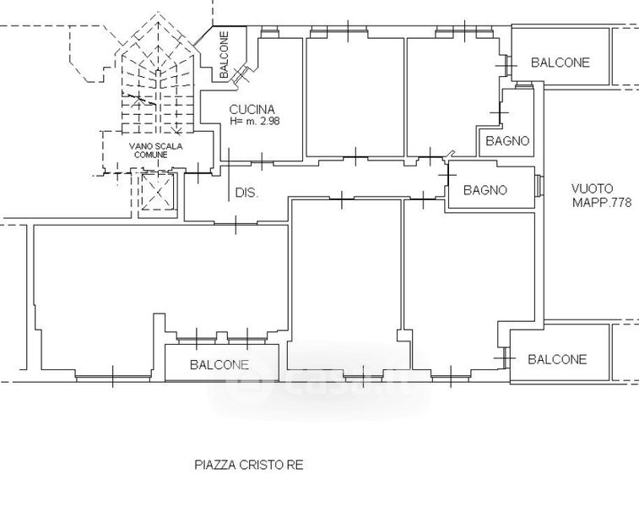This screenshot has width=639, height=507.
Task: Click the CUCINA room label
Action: click(252, 109)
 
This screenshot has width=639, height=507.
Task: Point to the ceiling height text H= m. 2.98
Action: click(255, 121)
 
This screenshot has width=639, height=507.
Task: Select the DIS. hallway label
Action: click(247, 193)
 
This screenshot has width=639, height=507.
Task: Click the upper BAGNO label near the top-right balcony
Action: click(507, 141)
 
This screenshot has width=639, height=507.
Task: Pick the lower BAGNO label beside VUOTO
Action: click(485, 190)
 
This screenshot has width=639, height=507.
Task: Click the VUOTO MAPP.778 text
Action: click(602, 195)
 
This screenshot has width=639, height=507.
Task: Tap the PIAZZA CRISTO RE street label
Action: click(249, 465)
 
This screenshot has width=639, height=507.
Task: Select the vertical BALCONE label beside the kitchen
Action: click(224, 55)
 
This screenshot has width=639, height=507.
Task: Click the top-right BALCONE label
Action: click(560, 63)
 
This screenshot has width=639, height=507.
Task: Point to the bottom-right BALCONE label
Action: click(557, 359)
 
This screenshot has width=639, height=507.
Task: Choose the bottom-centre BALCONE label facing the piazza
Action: click(219, 365)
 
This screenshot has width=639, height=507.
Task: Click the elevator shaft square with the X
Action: click(158, 191)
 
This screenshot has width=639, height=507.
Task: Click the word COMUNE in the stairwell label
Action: click(151, 155)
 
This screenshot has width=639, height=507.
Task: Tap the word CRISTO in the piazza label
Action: click(260, 465)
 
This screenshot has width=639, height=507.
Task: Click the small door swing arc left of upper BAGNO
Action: click(450, 154)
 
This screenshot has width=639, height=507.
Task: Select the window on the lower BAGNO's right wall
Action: click(539, 187)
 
